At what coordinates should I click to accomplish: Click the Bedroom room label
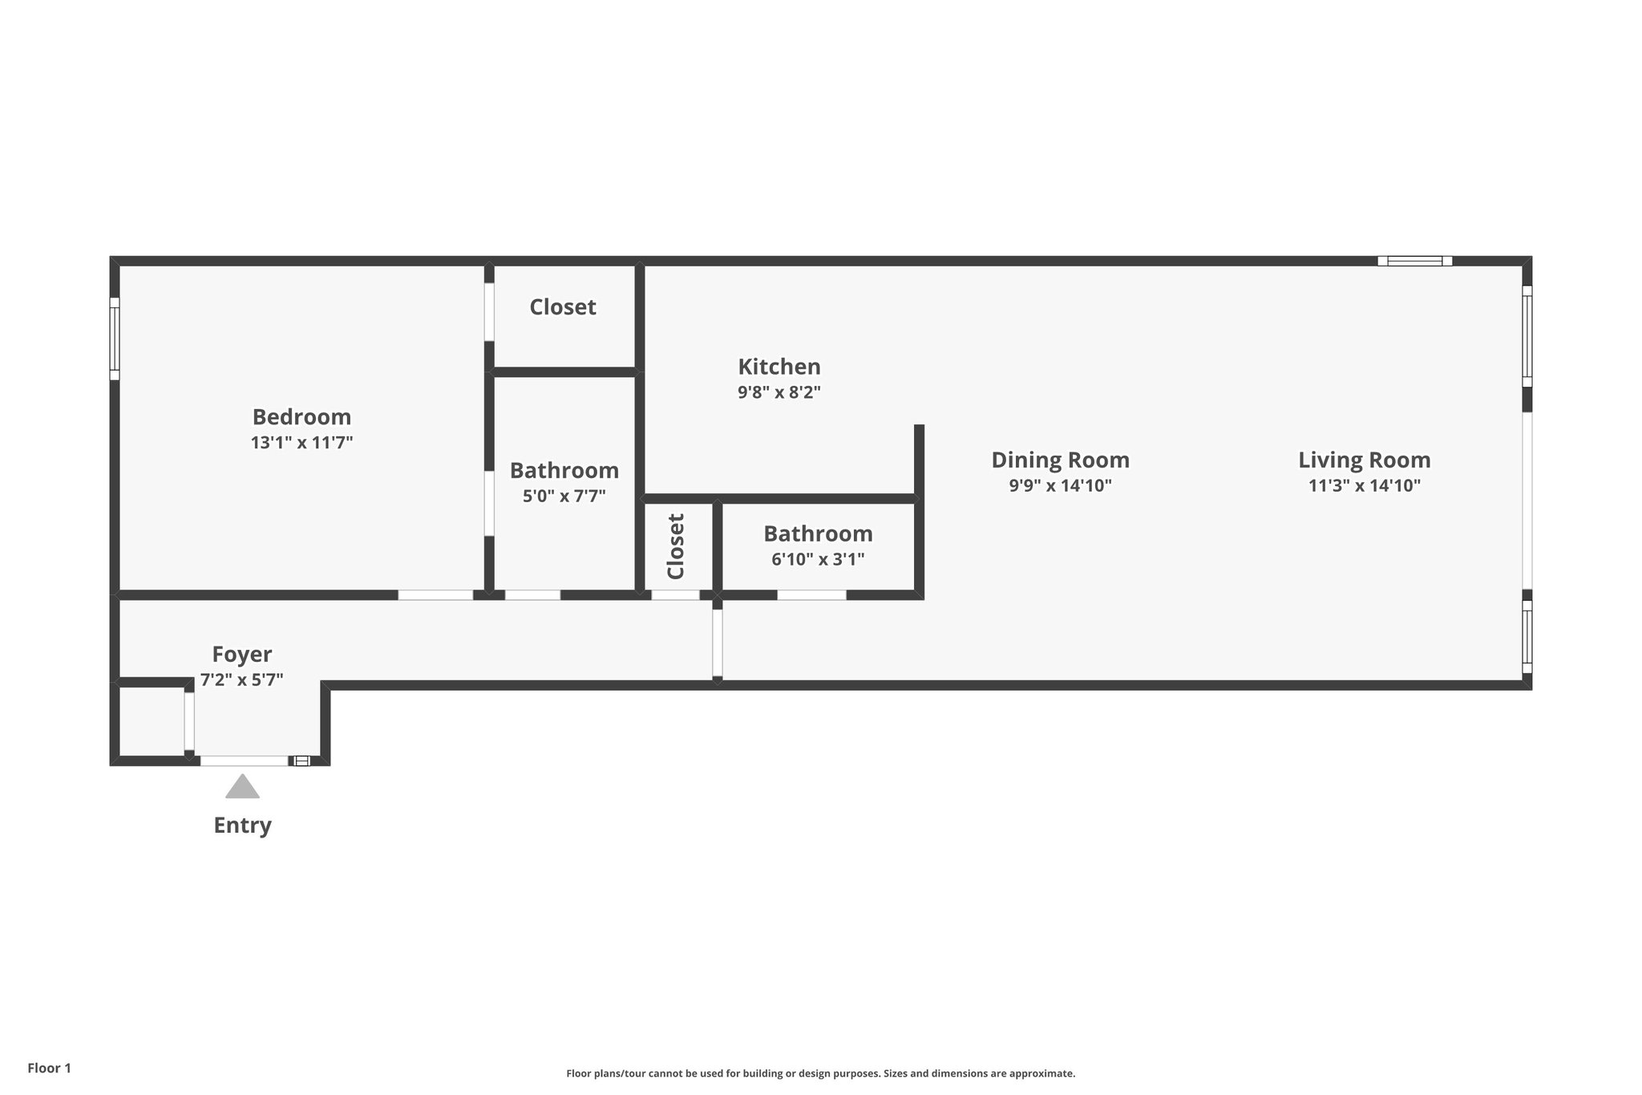point(301,417)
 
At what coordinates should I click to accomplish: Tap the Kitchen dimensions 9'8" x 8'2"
point(779,392)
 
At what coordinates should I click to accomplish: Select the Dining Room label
point(1060,460)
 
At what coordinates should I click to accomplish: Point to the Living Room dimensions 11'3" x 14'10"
point(1364,485)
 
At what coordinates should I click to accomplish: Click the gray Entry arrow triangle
point(242,788)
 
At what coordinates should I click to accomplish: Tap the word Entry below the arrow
point(242,825)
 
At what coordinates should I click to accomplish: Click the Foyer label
point(241,654)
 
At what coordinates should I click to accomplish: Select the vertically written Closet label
point(676,546)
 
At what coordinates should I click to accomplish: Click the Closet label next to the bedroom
point(562,306)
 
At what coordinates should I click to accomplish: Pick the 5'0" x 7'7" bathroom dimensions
point(564,496)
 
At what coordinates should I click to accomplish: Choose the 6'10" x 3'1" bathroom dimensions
point(818,559)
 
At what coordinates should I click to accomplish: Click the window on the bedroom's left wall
point(115,339)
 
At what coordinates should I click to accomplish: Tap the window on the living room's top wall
point(1415,261)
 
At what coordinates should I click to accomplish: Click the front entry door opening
point(244,760)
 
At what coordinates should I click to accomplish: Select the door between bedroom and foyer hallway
point(435,594)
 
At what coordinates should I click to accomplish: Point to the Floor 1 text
point(49,1068)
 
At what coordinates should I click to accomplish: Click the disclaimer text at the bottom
point(820,1073)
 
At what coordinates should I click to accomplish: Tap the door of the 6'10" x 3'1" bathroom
point(811,594)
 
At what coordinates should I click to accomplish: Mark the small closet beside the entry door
point(151,720)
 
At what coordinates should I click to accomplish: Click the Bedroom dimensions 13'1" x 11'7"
point(301,442)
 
